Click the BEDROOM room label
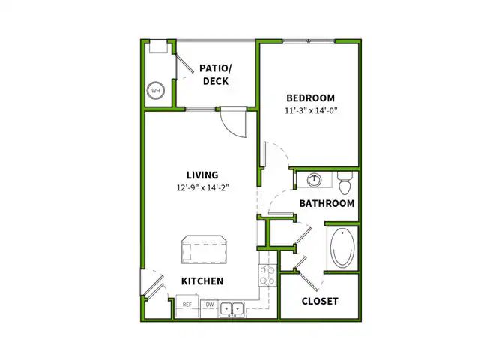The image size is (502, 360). coord(309,97)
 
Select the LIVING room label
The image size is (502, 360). coord(202,175)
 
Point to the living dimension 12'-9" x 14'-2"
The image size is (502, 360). coord(202,188)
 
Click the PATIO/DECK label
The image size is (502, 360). coord(214,74)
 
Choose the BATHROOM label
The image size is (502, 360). coord(327,203)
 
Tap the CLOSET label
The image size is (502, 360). coord(320,301)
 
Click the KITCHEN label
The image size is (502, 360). coord(202,281)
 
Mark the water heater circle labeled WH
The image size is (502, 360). coord(156,91)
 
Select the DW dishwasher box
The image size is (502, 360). coord(210,305)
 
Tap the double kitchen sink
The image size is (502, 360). coord(232,307)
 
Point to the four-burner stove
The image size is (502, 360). coord(267,275)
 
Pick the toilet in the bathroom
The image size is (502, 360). coord(344,181)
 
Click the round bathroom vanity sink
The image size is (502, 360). coord(313,180)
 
